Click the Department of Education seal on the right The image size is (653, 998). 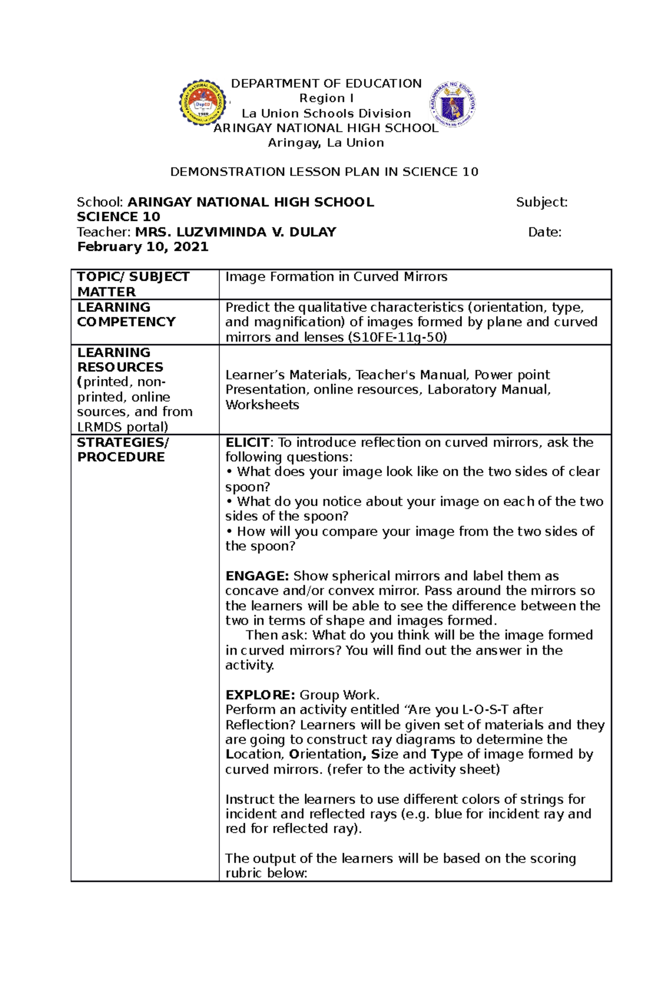pos(453,104)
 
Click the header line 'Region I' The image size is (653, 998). pos(326,98)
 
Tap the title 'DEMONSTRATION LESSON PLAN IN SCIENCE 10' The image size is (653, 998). pos(324,172)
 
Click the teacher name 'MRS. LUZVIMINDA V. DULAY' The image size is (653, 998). pos(236,232)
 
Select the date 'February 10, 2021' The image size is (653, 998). pos(143,247)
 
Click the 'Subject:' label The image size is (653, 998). pos(541,202)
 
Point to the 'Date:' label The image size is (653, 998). pos(545,232)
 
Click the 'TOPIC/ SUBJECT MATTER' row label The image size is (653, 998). pos(133,284)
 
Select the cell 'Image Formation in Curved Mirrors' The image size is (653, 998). pos(336,277)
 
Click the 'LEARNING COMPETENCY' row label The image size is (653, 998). pos(126,314)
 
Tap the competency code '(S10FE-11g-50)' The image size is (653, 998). pos(397,337)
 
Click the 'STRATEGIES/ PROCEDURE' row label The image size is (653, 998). pos(123,449)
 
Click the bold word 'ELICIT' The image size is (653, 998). pos(248,442)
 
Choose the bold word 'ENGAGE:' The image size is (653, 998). pos(257,576)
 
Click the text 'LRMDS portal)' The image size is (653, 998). pos(122,427)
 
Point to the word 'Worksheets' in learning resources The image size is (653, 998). pos(262,405)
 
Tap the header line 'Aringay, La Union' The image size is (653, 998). pos(326,143)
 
